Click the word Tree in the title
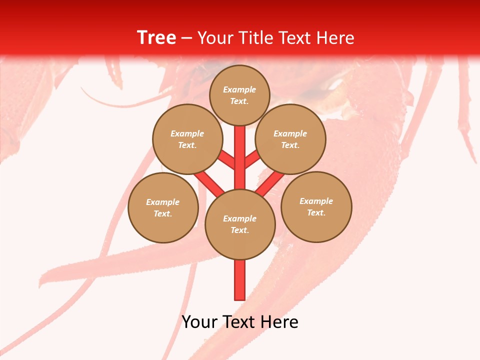[x=156, y=38]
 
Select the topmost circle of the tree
[x=239, y=95]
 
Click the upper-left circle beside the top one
[x=187, y=139]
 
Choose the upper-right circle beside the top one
[x=290, y=139]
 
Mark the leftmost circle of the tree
[x=163, y=207]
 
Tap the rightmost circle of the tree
[x=316, y=206]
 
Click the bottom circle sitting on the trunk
[x=240, y=224]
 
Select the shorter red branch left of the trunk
[x=227, y=160]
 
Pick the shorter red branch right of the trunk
[x=252, y=160]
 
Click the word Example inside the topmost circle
[x=239, y=90]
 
